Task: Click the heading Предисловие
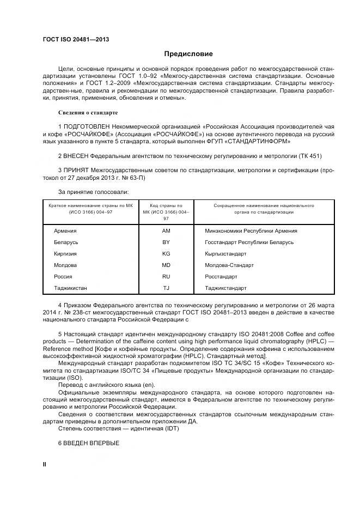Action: click(188, 54)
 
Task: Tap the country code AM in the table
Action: click(166, 231)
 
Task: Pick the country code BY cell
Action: click(166, 242)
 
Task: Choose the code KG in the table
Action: click(166, 253)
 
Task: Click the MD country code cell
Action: click(166, 265)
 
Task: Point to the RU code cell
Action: click(166, 276)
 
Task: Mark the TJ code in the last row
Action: click(166, 288)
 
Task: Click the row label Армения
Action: click(65, 231)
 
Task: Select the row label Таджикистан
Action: click(70, 288)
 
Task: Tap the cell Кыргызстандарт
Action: click(225, 253)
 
